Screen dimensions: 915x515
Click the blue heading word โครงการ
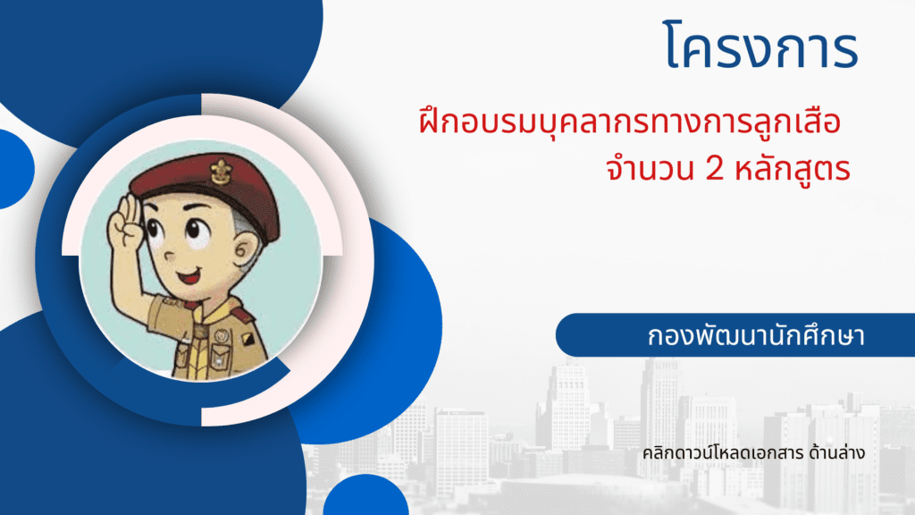pyautogui.click(x=760, y=46)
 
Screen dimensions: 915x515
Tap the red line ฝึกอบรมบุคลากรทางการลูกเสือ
pyautogui.click(x=630, y=122)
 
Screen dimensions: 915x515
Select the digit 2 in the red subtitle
pyautogui.click(x=715, y=169)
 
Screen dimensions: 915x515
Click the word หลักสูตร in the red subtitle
pyautogui.click(x=792, y=169)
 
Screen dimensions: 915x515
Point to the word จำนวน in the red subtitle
pyautogui.click(x=651, y=169)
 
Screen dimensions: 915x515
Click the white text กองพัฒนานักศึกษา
pyautogui.click(x=756, y=336)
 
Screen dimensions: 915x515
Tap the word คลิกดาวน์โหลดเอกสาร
pyautogui.click(x=723, y=452)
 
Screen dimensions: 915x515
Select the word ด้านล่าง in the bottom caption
pyautogui.click(x=836, y=452)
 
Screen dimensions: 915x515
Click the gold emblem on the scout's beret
pyautogui.click(x=222, y=171)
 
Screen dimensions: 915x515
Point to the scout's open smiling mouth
pyautogui.click(x=189, y=275)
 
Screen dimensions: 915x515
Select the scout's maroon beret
pyautogui.click(x=210, y=187)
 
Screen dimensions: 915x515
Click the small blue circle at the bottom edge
pyautogui.click(x=365, y=495)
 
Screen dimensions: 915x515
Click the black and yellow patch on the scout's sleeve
pyautogui.click(x=248, y=339)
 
